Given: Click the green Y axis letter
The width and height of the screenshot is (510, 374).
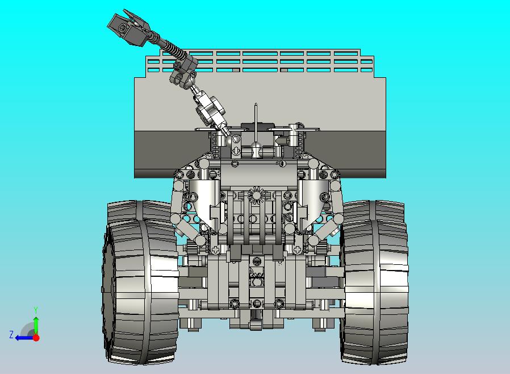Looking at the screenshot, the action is [36, 309].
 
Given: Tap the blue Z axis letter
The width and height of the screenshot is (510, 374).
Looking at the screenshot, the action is [11, 335].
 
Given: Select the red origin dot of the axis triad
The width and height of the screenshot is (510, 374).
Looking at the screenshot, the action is [36, 338].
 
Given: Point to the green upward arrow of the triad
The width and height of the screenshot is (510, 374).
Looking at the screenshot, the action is [36, 325].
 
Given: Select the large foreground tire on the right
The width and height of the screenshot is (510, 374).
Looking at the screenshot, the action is [375, 291].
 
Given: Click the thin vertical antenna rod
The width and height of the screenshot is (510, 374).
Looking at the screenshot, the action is [256, 122].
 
